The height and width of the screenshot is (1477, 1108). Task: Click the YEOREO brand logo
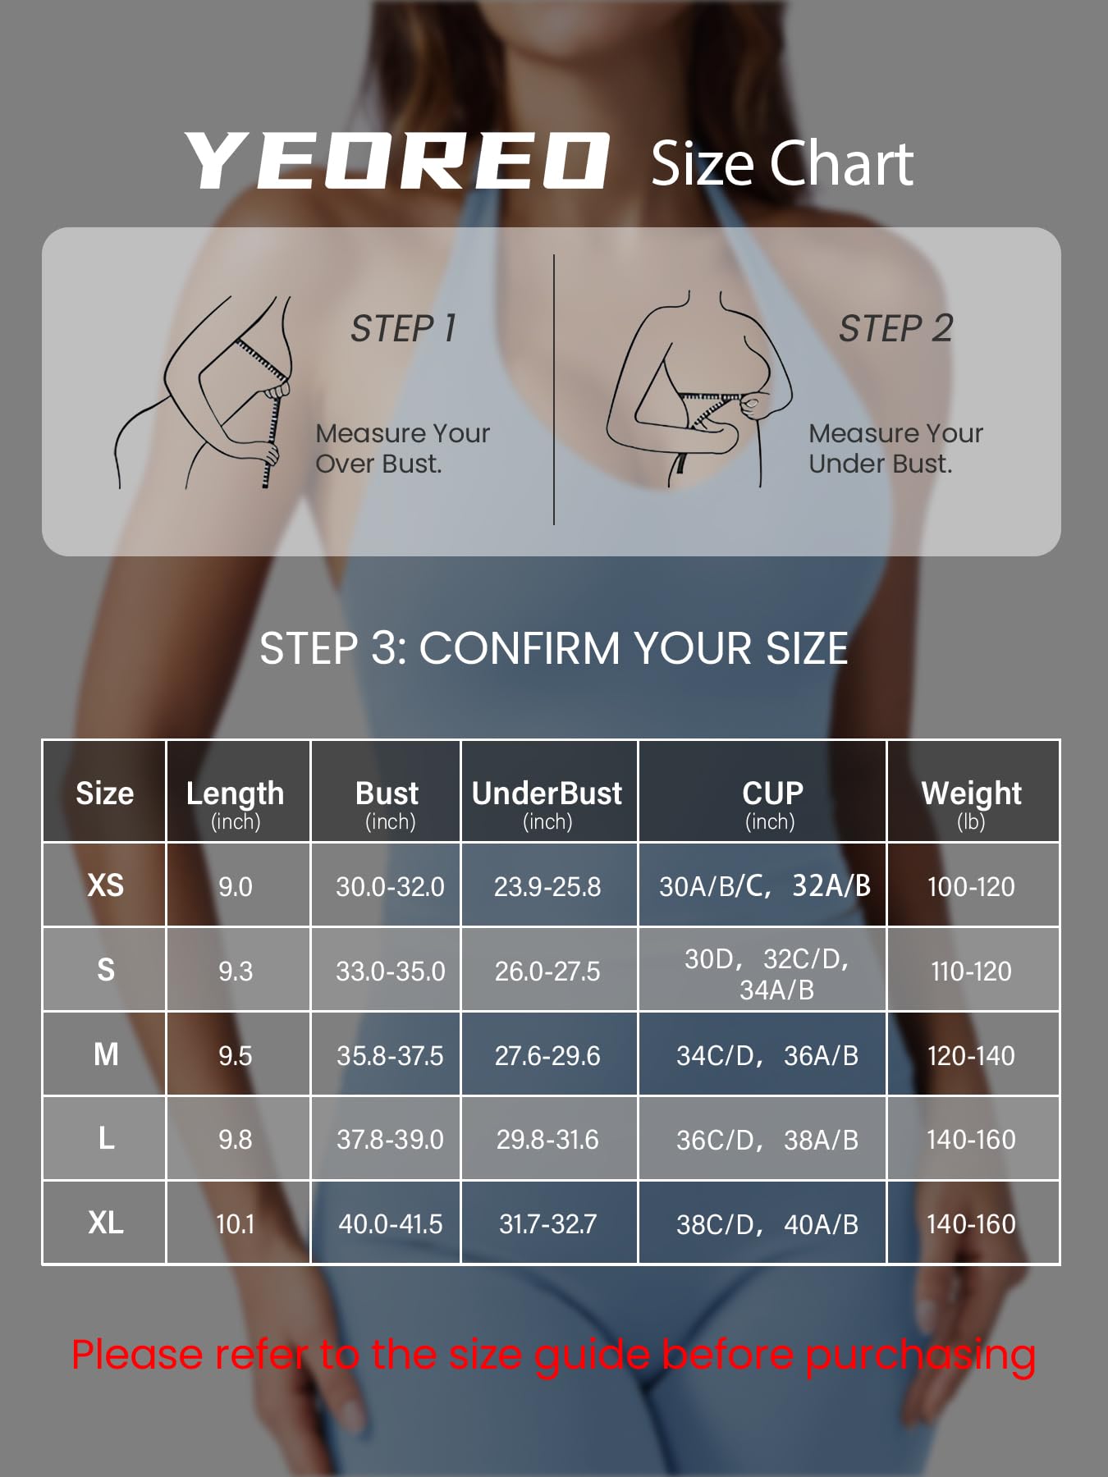[396, 161]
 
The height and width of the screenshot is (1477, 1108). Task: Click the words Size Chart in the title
[782, 163]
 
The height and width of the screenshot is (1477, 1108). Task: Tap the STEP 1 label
[403, 328]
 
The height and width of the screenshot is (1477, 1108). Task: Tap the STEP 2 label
[895, 328]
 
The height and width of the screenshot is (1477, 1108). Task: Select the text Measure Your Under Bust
[895, 448]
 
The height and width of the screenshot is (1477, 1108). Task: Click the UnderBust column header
[547, 803]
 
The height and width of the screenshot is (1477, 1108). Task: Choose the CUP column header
[771, 803]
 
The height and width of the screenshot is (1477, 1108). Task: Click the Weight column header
[971, 803]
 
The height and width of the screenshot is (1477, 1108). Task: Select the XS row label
[106, 885]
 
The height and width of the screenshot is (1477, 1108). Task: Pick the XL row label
[106, 1223]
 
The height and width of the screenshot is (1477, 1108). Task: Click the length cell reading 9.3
[236, 971]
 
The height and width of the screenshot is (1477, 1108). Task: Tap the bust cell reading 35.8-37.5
[390, 1055]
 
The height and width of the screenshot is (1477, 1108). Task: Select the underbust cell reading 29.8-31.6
[547, 1139]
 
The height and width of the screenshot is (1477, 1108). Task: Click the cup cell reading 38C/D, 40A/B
[767, 1224]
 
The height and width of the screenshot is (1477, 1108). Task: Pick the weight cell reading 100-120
[971, 886]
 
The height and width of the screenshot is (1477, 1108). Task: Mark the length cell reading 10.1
[236, 1223]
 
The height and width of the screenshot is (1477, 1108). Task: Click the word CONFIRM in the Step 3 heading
[520, 648]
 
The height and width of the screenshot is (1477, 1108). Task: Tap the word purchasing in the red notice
[919, 1356]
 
